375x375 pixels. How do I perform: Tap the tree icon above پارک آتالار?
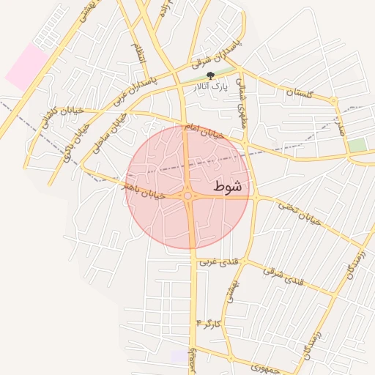[211, 75]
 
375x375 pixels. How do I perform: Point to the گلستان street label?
[299, 93]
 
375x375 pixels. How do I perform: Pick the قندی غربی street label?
[217, 259]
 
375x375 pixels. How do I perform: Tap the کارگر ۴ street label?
[208, 322]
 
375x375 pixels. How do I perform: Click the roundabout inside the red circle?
[188, 196]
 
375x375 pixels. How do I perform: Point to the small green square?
[357, 145]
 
